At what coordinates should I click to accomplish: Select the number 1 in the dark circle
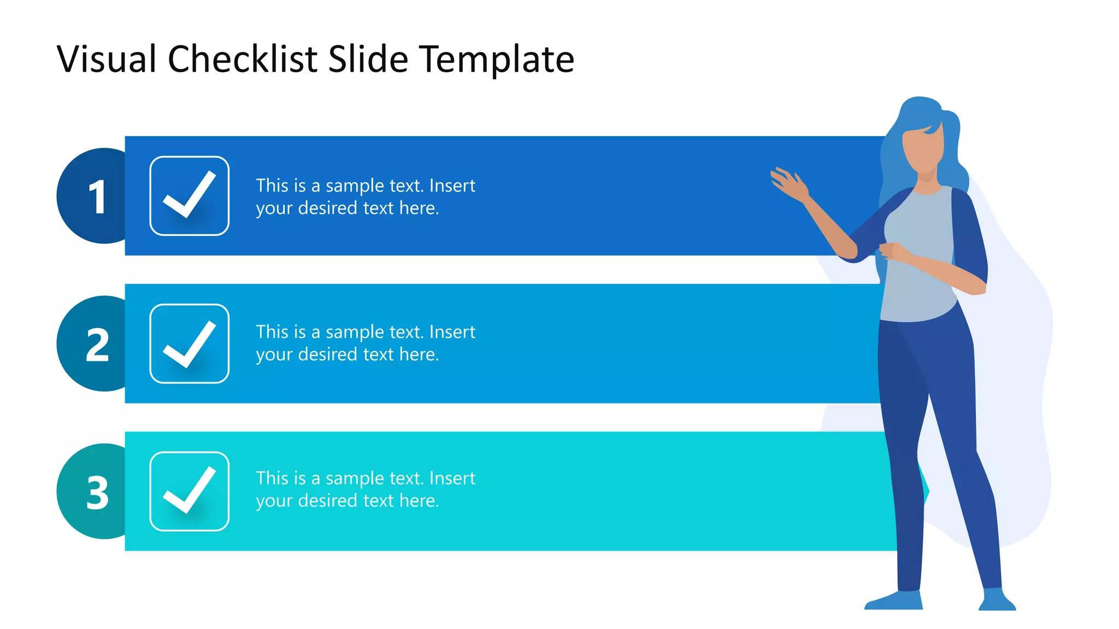click(x=97, y=197)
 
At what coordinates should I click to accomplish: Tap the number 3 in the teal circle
click(x=97, y=493)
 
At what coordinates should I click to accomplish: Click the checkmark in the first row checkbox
click(x=190, y=195)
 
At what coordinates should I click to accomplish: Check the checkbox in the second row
click(x=190, y=343)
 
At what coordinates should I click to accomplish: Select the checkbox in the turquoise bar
click(x=190, y=491)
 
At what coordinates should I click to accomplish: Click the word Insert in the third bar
click(x=452, y=478)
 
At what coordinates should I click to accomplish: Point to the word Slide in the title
click(x=368, y=59)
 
